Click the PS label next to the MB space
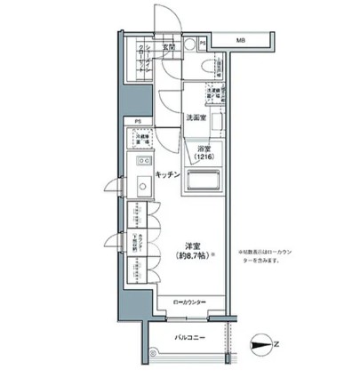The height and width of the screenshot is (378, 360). click(204, 43)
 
